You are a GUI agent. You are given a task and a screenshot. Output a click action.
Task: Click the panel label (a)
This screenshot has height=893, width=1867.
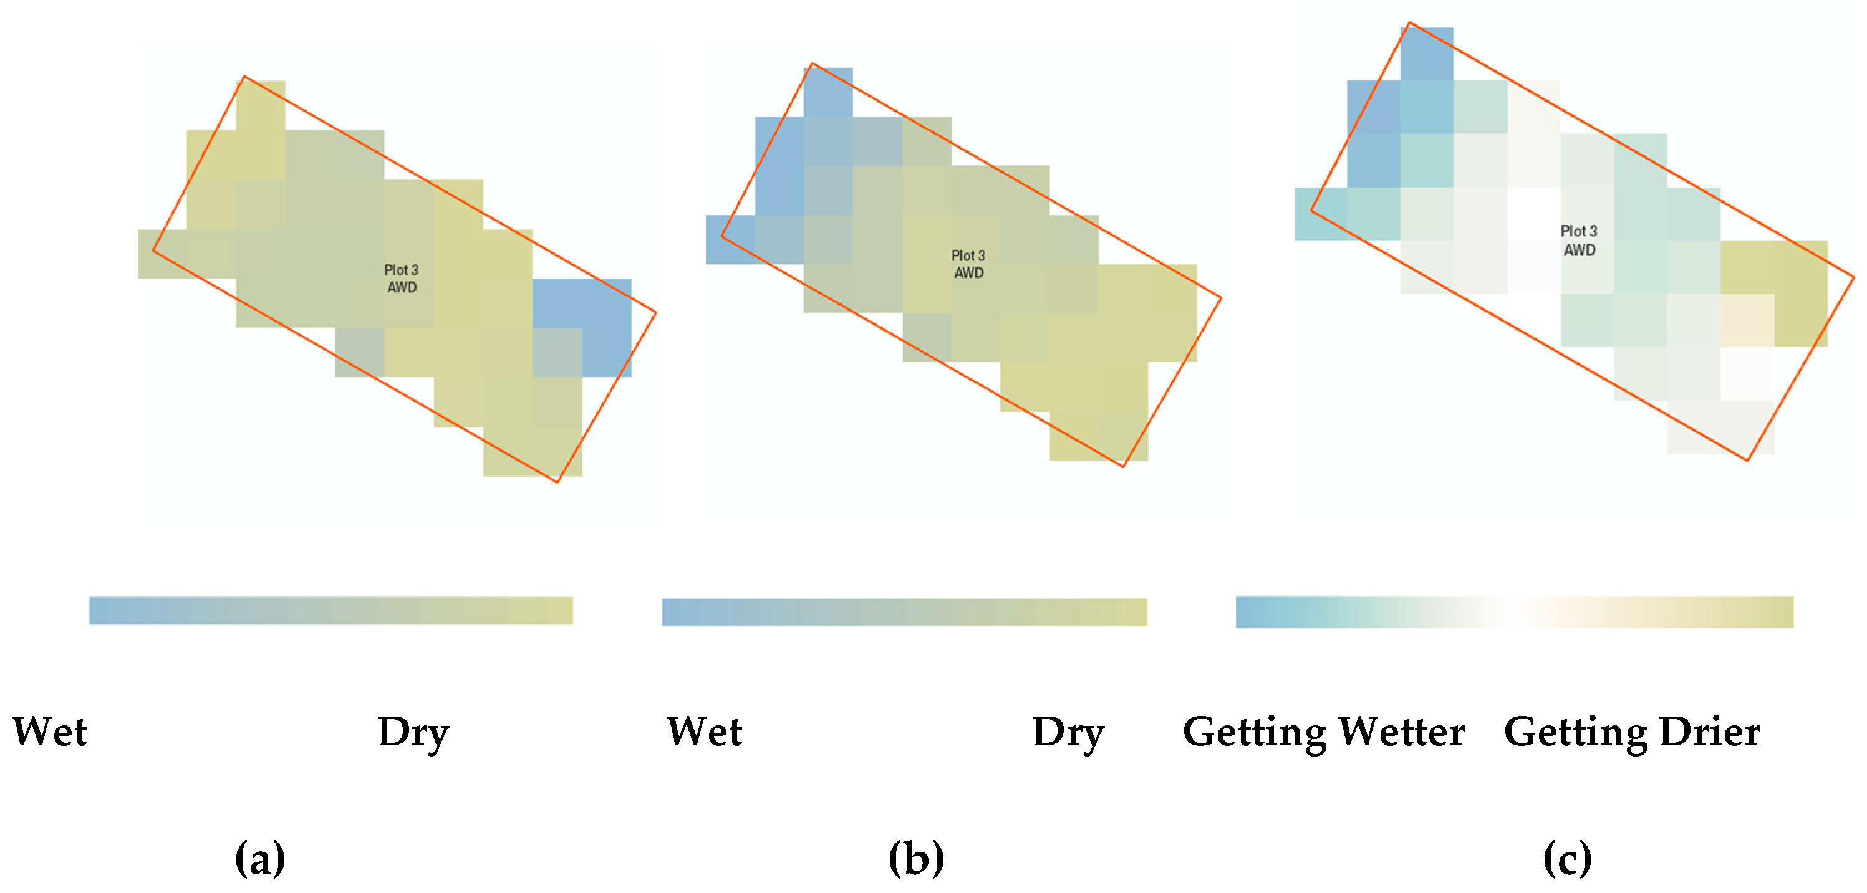click(x=260, y=858)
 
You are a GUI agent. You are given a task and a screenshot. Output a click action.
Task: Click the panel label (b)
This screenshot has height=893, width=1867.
click(x=916, y=858)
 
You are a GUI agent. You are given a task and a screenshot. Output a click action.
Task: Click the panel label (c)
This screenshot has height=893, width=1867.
click(x=1567, y=858)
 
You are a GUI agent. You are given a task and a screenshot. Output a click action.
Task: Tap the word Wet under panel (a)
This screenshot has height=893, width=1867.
click(x=50, y=731)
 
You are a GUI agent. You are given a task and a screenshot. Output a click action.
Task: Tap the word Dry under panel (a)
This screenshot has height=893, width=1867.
click(x=413, y=732)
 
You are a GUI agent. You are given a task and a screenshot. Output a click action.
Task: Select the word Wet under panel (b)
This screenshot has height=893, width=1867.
click(x=705, y=731)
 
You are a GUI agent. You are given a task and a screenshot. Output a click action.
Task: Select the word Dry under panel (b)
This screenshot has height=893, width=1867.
click(x=1068, y=732)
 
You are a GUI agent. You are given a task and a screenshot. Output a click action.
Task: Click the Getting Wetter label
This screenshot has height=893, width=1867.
click(x=1323, y=732)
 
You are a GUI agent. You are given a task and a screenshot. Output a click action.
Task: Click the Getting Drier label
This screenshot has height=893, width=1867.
click(x=1632, y=732)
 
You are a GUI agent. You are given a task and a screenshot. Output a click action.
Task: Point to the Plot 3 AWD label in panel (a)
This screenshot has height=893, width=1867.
click(x=402, y=278)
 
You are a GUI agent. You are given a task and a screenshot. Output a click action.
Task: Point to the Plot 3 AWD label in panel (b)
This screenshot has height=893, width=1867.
click(x=968, y=264)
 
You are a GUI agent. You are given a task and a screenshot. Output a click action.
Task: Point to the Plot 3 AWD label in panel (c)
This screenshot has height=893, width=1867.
click(x=1580, y=240)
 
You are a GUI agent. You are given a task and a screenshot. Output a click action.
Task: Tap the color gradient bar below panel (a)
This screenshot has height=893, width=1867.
click(x=330, y=610)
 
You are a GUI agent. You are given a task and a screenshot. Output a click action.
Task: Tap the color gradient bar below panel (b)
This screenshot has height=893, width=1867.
click(x=905, y=611)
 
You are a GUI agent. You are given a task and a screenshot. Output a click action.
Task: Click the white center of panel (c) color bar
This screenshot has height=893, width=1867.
click(x=1515, y=611)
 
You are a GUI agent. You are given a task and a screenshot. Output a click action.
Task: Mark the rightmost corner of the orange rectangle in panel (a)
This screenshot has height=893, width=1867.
click(x=656, y=313)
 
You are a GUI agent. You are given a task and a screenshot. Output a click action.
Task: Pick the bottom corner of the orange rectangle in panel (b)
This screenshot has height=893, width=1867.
click(x=1122, y=466)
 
